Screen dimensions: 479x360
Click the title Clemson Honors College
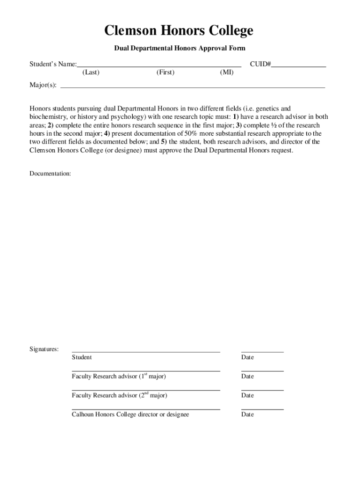click(x=179, y=31)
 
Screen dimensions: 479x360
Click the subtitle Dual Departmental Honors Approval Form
click(x=180, y=49)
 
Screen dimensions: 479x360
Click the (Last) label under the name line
click(x=91, y=73)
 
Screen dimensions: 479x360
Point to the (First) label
click(x=165, y=73)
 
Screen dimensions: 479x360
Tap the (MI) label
click(x=227, y=73)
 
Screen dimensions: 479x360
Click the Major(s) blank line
click(x=193, y=87)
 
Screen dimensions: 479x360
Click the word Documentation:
click(x=50, y=174)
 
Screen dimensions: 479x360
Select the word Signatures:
click(x=44, y=349)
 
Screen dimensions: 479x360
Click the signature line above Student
click(x=145, y=351)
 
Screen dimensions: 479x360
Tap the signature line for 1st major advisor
click(x=145, y=370)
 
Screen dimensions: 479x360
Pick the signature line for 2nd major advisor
click(x=145, y=390)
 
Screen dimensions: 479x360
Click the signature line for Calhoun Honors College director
click(x=145, y=409)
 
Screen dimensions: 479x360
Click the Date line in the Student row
click(x=262, y=351)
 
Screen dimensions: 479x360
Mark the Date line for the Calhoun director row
click(x=262, y=409)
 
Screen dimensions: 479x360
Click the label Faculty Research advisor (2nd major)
click(x=119, y=396)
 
